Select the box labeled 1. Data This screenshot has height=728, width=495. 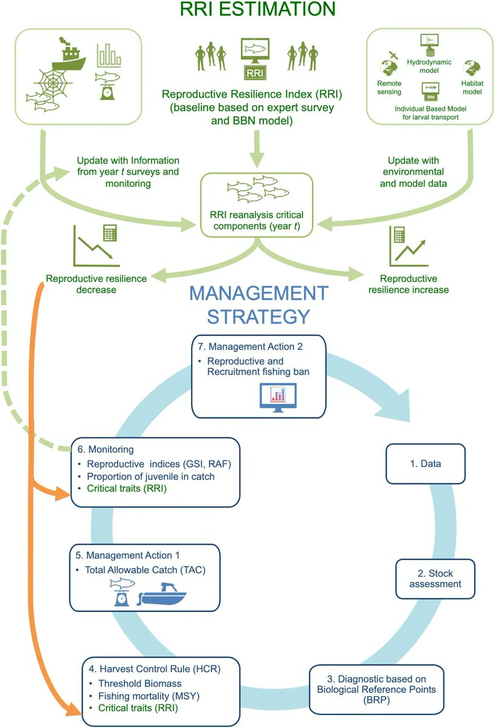click(422, 464)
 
